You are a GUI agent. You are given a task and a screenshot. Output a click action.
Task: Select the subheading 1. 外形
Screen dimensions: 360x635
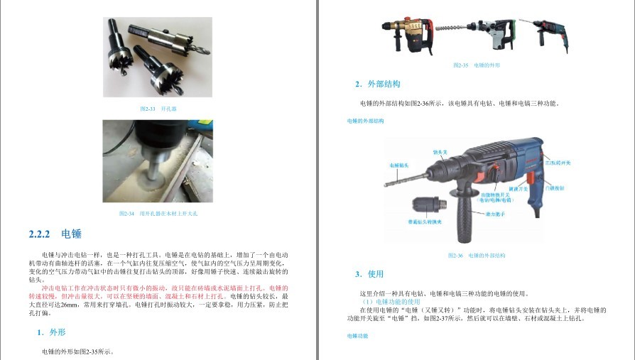click(x=51, y=332)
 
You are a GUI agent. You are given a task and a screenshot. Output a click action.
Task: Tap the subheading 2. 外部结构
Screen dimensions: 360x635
click(x=378, y=84)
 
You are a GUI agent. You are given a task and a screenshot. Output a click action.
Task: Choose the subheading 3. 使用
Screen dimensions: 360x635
click(x=369, y=274)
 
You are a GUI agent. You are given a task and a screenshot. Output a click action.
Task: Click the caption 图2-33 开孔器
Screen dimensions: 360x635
click(x=158, y=109)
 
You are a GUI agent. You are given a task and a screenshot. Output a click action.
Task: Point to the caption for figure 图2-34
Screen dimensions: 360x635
click(x=158, y=214)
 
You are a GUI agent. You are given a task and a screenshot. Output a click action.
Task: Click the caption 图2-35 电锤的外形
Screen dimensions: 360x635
click(x=476, y=65)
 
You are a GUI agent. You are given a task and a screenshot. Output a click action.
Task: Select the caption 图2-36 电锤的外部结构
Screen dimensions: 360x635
click(x=476, y=255)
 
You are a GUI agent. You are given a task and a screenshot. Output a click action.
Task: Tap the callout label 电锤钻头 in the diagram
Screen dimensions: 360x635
click(x=398, y=165)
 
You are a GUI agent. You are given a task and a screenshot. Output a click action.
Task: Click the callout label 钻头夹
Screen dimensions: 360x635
click(x=440, y=151)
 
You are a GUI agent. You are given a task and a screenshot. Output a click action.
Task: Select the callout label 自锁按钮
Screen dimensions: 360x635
click(x=554, y=188)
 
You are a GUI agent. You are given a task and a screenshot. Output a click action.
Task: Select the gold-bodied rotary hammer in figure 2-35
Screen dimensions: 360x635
click(x=409, y=36)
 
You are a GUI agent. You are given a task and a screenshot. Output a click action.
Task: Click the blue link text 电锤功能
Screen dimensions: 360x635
click(x=357, y=335)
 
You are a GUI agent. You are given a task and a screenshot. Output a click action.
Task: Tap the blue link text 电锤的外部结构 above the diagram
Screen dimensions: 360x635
click(x=365, y=121)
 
